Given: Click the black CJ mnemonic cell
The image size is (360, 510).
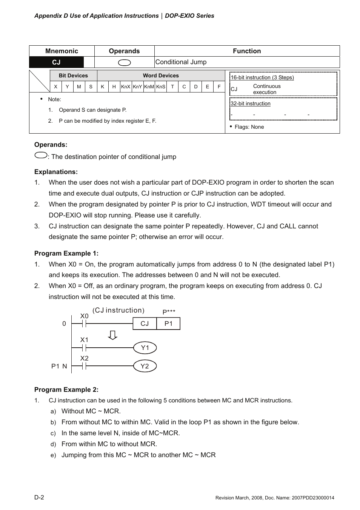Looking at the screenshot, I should (x=56, y=62).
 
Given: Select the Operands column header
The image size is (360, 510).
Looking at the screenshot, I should (x=124, y=51).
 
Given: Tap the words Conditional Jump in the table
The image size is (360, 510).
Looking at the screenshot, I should (x=181, y=62).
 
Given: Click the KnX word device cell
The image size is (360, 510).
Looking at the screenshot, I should (x=126, y=86).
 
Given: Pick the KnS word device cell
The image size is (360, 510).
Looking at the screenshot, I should (x=161, y=86).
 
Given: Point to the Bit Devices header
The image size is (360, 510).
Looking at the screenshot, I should (x=73, y=75).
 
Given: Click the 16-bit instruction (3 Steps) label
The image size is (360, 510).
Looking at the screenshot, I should (x=262, y=77).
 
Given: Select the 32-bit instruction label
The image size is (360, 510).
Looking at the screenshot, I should (x=251, y=103).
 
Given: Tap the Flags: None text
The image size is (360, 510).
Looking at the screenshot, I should (x=249, y=127).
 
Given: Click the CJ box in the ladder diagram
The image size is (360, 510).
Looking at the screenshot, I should (x=145, y=324).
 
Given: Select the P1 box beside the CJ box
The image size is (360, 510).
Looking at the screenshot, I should (x=168, y=324).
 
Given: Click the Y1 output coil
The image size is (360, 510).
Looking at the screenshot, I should (x=145, y=348).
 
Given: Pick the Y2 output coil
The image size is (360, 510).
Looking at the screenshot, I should (x=145, y=366).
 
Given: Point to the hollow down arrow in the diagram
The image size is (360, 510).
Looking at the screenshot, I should (x=112, y=335).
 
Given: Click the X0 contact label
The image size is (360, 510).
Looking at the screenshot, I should (x=84, y=316).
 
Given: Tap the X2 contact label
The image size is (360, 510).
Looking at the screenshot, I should (x=84, y=358).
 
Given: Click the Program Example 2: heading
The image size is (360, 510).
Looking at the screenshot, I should (x=66, y=390).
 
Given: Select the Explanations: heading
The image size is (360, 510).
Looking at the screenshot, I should (x=56, y=172).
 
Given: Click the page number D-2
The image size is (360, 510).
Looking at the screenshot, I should (x=39, y=497).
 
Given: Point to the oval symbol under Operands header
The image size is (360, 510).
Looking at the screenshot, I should (x=124, y=63).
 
